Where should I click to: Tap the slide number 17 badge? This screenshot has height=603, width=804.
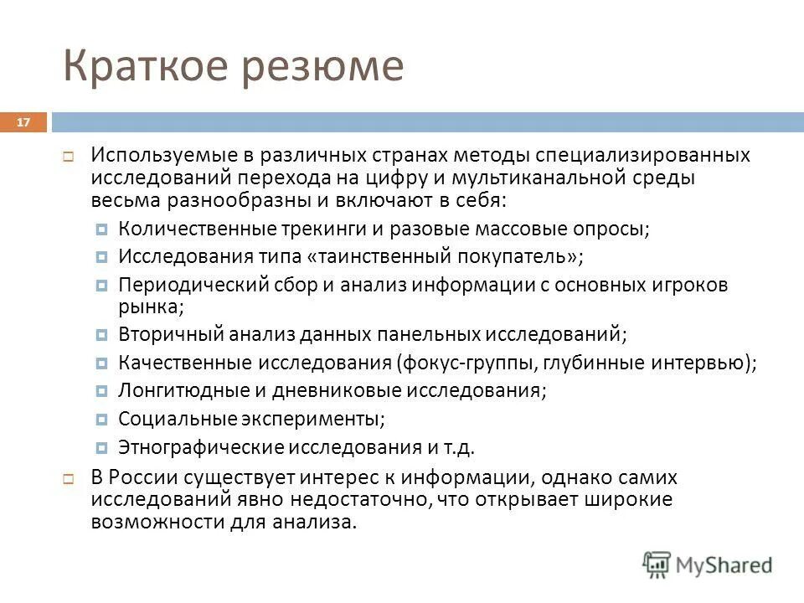click(x=23, y=123)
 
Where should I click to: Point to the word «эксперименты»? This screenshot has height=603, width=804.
click(x=320, y=418)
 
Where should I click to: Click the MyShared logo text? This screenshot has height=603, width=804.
click(x=725, y=565)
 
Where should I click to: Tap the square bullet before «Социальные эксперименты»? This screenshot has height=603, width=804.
click(x=101, y=419)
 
